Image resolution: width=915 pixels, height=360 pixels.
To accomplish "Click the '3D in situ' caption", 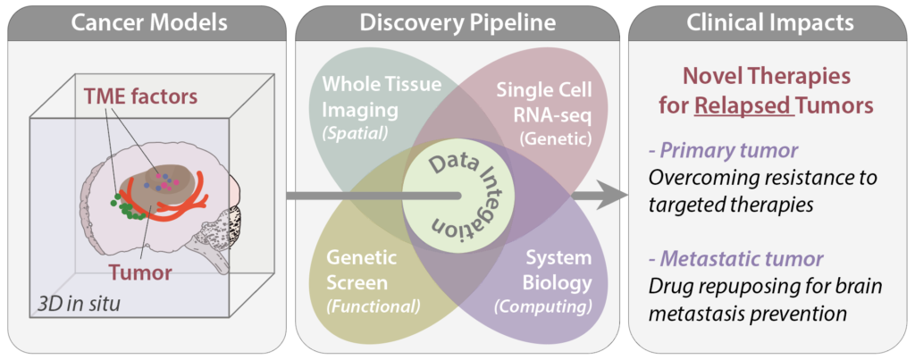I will (x=79, y=305).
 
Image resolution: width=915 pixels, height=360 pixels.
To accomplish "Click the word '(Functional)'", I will (x=369, y=306).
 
